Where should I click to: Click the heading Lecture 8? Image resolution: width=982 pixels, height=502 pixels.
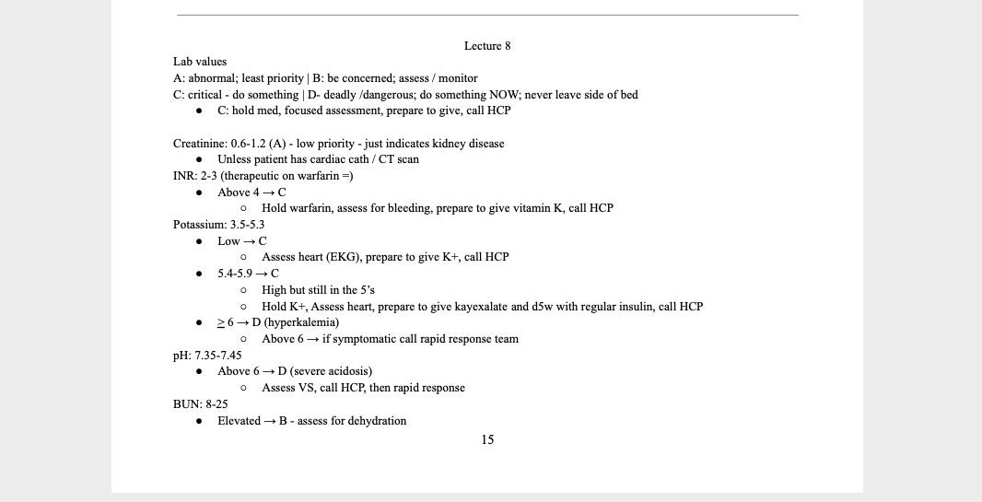click(487, 46)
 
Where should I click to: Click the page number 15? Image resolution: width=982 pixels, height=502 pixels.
click(487, 440)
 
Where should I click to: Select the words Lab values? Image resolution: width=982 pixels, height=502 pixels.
click(200, 62)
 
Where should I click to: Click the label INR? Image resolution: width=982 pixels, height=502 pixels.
click(183, 176)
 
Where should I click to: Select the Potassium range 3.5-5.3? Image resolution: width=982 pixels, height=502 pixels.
click(248, 225)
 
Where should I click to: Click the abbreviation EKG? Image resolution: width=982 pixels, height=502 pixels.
click(343, 257)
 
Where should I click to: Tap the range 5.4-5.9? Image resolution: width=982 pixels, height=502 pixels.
click(235, 274)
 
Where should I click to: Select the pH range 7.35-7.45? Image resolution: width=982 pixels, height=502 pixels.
click(218, 356)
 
